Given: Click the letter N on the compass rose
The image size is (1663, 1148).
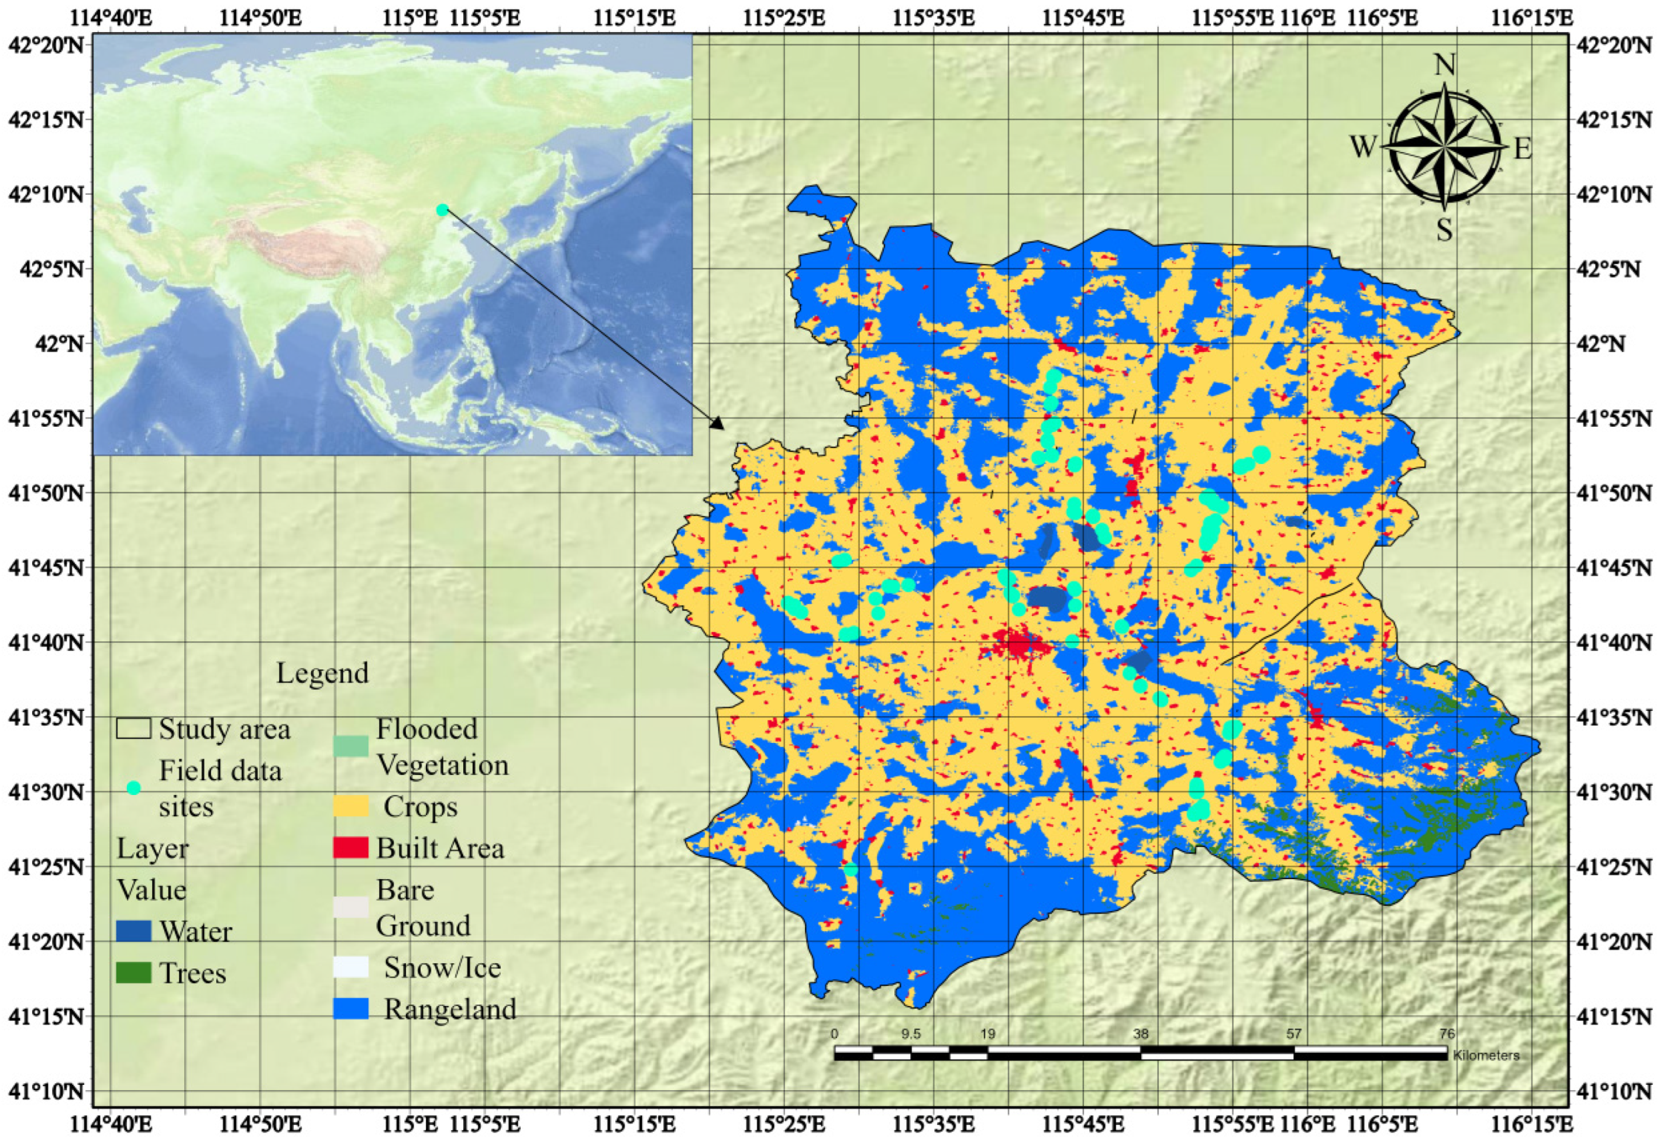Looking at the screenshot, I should pos(1444,65).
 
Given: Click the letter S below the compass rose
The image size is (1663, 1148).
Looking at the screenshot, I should pos(1444,230).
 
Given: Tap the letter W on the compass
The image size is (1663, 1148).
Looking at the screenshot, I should pos(1363,147).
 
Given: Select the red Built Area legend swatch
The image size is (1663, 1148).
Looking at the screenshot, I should pos(350,848).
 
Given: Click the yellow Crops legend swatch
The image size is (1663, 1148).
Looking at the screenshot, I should pos(350,806).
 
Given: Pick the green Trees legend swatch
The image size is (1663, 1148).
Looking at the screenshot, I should pos(133,973).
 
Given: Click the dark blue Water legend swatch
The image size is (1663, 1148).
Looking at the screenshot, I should pos(133,932).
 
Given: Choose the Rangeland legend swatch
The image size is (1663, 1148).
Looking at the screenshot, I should pos(350,1008).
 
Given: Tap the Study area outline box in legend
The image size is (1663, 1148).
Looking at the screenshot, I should pos(133,729).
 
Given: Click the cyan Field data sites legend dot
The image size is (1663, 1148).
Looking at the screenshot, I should pos(133,787).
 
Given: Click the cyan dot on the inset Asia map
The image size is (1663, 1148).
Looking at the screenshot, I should pos(443,209).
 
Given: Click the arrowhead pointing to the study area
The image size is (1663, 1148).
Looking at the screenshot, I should pos(718,424).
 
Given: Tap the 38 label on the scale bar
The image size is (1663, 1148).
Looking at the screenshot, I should pos(1141,1035).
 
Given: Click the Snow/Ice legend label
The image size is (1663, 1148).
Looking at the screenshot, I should pos(442,967).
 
